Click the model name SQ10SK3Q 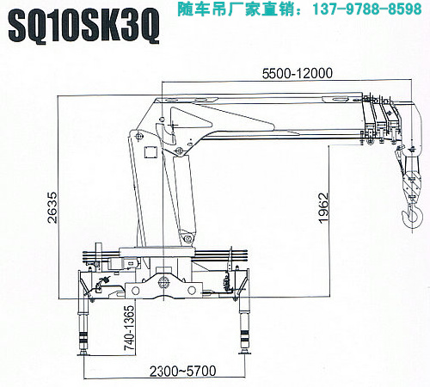tap(83, 25)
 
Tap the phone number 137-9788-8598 tap(367, 9)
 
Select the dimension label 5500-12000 tap(298, 73)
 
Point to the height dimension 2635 tap(52, 207)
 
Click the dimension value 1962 tap(323, 207)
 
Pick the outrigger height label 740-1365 tap(129, 328)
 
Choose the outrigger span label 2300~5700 tap(182, 371)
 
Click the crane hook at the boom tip tap(413, 216)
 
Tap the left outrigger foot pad tap(83, 353)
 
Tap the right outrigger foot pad tap(244, 352)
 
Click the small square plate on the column tap(150, 152)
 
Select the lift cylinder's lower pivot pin tap(187, 238)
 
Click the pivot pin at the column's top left tap(139, 136)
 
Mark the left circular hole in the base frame tap(135, 291)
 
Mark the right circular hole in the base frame tap(192, 290)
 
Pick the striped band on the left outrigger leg tap(83, 337)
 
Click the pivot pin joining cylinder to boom tap(180, 150)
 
